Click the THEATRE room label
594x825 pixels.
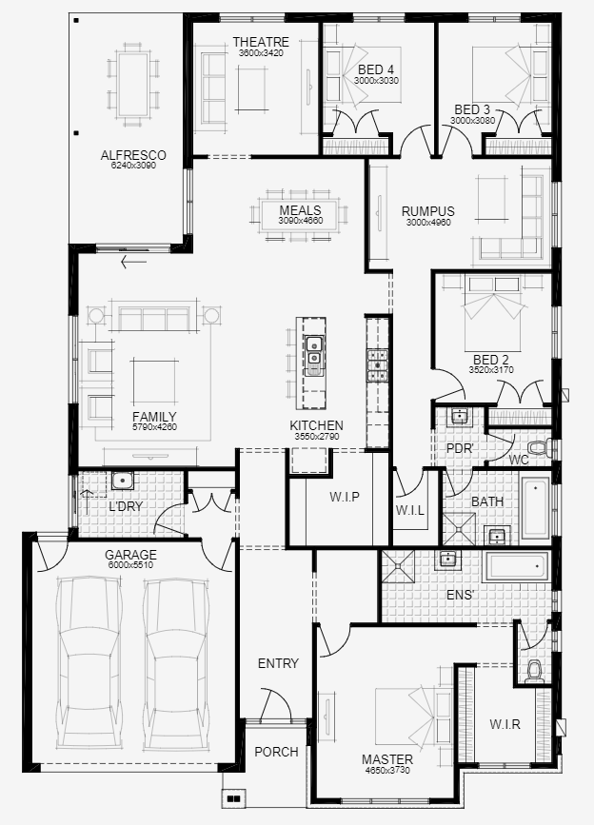point(261,42)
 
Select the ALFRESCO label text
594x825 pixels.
point(133,155)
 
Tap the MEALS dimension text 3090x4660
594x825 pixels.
point(301,221)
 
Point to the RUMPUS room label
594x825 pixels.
point(427,211)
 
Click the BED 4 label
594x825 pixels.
point(377,69)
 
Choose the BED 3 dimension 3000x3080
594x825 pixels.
point(473,121)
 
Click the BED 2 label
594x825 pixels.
point(491,359)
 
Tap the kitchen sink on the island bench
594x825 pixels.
point(312,351)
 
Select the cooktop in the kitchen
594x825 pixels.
point(378,364)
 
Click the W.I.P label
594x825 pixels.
point(344,497)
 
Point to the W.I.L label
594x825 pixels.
point(409,511)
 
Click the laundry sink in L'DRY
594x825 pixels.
point(121,481)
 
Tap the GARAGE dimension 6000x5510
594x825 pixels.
point(130,565)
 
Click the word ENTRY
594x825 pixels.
point(278,663)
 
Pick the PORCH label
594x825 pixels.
point(276,752)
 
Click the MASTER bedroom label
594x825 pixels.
point(387,759)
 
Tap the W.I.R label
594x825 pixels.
point(505,724)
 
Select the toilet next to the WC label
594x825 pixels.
point(539,446)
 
